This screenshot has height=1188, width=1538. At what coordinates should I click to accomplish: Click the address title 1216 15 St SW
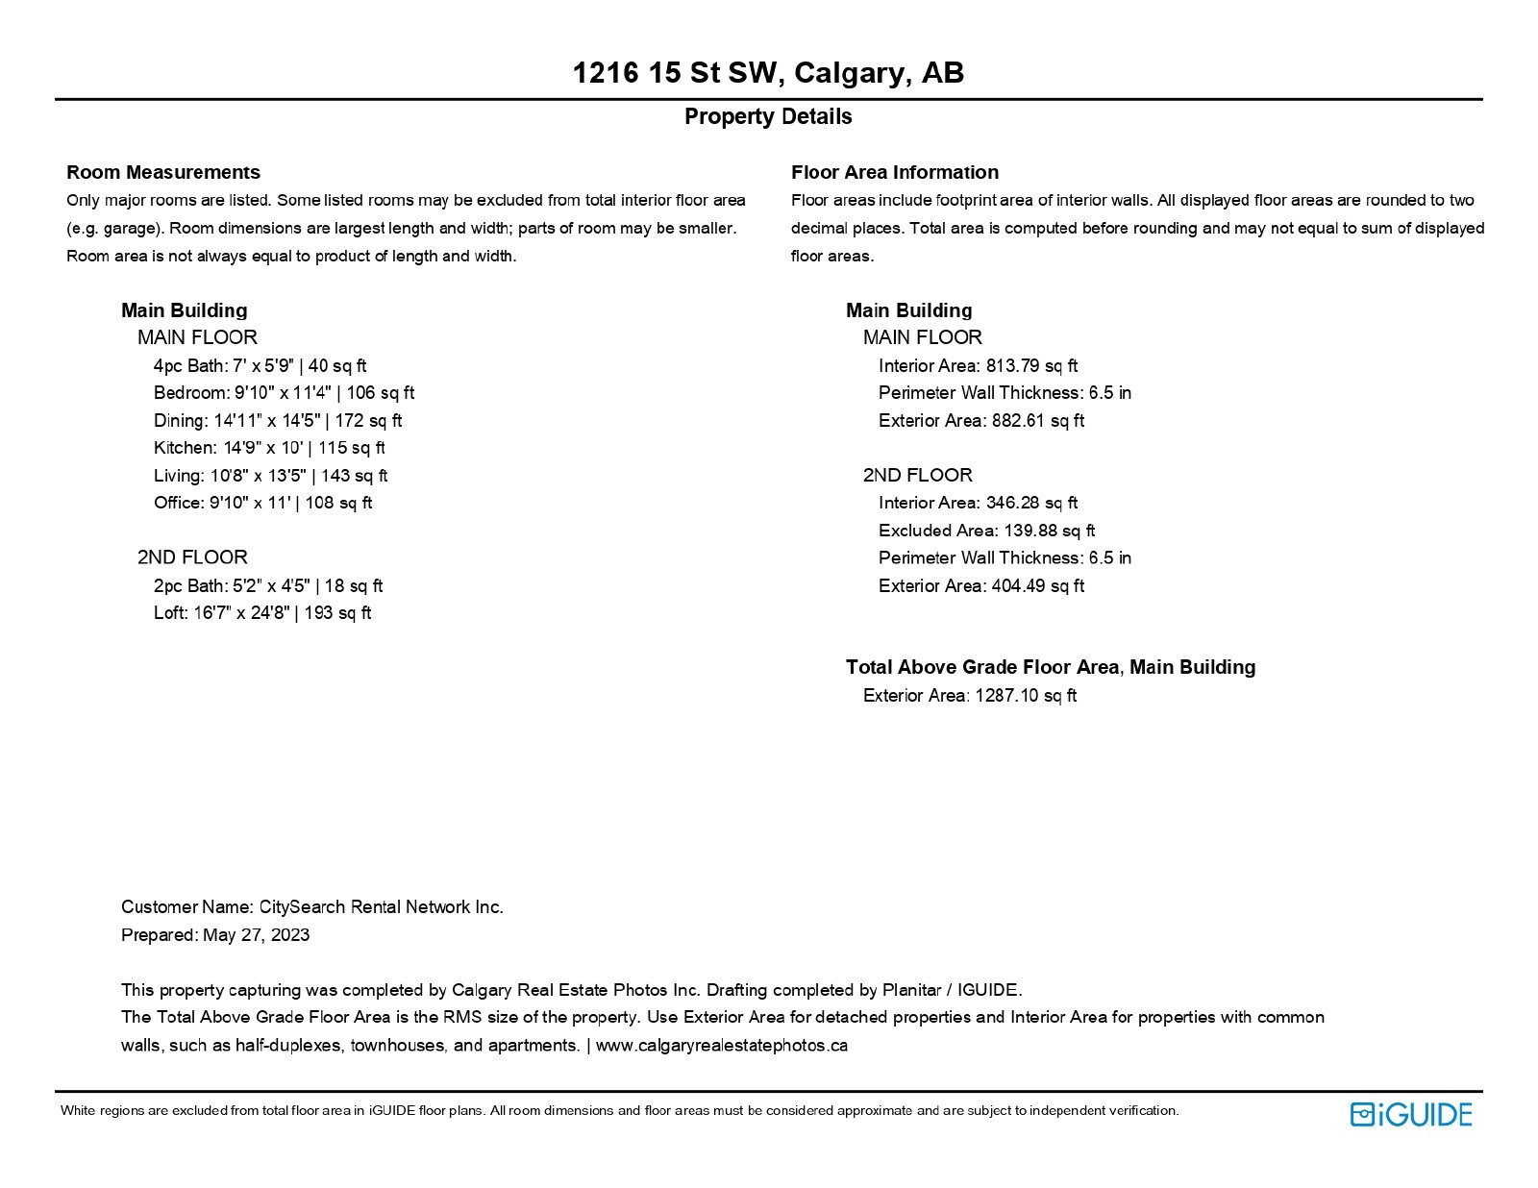pos(768,73)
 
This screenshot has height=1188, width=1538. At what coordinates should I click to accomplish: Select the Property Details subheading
pos(768,117)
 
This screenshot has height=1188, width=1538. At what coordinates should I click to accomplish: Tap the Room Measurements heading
pos(163,173)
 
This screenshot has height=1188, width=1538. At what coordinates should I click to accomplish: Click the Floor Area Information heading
pos(894,173)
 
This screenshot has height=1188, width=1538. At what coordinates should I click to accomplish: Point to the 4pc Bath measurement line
pos(260,366)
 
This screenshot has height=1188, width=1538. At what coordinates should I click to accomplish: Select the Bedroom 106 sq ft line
pos(284,393)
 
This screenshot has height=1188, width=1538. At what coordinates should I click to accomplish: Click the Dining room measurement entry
pos(278,421)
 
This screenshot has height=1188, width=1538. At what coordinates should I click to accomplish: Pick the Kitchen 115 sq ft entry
pos(269,448)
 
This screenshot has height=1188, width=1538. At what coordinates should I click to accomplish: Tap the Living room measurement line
pos(270,476)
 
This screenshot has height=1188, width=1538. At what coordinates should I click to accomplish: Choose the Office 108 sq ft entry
pos(262,503)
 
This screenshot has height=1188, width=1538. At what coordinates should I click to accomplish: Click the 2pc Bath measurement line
pos(268,586)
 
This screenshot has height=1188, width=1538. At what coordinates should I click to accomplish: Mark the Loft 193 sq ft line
pos(262,613)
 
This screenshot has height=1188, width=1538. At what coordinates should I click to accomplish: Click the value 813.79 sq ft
pos(1031,366)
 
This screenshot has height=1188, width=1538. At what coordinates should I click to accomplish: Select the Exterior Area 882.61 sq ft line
pos(980,421)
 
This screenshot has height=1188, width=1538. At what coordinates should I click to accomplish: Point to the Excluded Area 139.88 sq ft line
pos(986,531)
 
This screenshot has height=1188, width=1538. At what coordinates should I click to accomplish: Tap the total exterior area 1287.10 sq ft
pos(1026,696)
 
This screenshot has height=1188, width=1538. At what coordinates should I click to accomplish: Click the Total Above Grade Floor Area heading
pos(1050,667)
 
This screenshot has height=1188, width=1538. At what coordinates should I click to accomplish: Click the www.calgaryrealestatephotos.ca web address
pos(721,1046)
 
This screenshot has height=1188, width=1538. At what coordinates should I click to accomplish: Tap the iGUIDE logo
pos(1410,1114)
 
